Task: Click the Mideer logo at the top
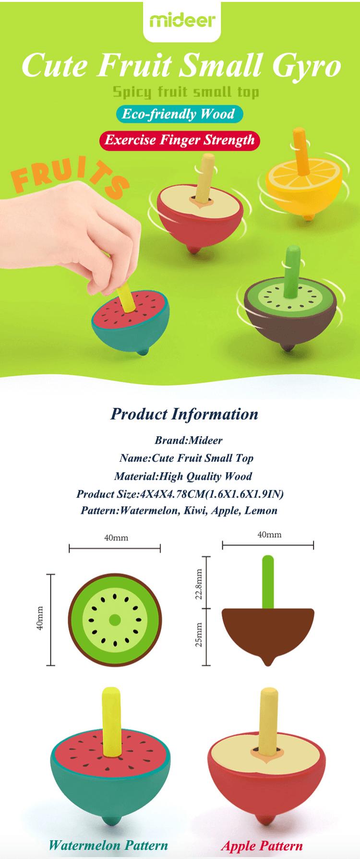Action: [x=182, y=20]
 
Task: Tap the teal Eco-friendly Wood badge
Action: [x=180, y=114]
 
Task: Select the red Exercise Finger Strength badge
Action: [x=180, y=140]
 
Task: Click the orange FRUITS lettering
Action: [x=70, y=175]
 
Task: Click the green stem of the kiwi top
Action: [x=292, y=272]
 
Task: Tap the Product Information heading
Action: [x=184, y=414]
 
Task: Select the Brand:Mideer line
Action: [x=189, y=440]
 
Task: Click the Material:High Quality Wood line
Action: [x=183, y=476]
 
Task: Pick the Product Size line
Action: [x=180, y=494]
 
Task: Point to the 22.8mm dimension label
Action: [x=199, y=584]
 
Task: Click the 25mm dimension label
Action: [x=199, y=635]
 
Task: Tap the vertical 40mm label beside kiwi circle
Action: [x=40, y=618]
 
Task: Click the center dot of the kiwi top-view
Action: [x=115, y=620]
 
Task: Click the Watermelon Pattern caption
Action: [x=108, y=845]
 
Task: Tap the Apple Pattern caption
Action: [x=262, y=846]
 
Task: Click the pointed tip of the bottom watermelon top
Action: [x=110, y=823]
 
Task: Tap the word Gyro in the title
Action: [x=307, y=67]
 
